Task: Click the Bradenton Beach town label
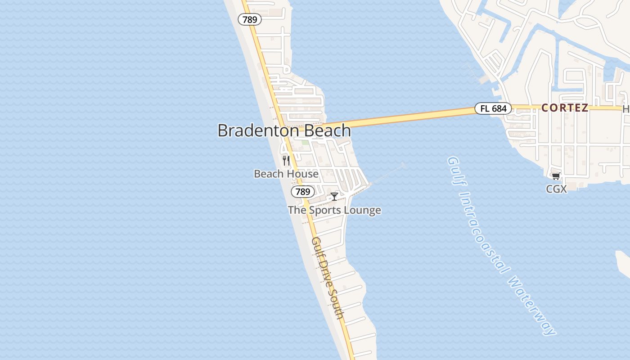284,130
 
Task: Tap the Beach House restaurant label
286,174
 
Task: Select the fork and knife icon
286,160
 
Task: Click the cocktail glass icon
334,196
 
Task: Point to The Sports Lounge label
334,210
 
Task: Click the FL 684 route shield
493,108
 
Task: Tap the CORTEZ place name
565,108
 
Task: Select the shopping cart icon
556,176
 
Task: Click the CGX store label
556,189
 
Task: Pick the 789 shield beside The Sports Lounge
303,192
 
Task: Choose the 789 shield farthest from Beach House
250,19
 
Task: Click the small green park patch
305,143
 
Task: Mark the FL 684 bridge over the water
405,118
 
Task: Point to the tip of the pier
403,165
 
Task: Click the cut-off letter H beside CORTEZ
626,109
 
